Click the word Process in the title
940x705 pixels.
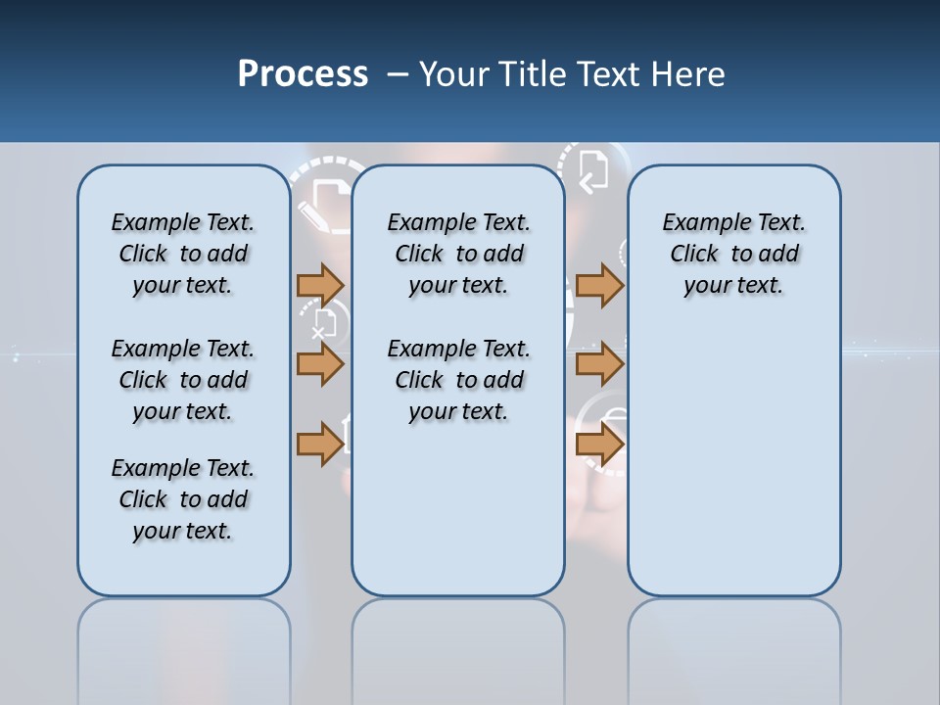(303, 74)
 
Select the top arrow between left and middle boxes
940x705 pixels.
(320, 285)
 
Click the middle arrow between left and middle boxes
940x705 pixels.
(320, 363)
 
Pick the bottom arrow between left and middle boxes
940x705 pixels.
(320, 443)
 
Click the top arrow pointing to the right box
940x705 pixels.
(599, 285)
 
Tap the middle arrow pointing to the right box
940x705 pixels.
(599, 363)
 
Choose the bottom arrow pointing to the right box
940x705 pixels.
(599, 443)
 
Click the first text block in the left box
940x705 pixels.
(183, 254)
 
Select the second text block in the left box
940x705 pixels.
(183, 380)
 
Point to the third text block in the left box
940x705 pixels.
(183, 499)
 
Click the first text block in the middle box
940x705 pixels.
(458, 254)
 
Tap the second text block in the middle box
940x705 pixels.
(458, 380)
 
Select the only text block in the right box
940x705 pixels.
(733, 254)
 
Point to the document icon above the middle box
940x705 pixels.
(593, 169)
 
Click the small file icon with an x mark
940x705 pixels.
(324, 323)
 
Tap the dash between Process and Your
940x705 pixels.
(398, 74)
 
